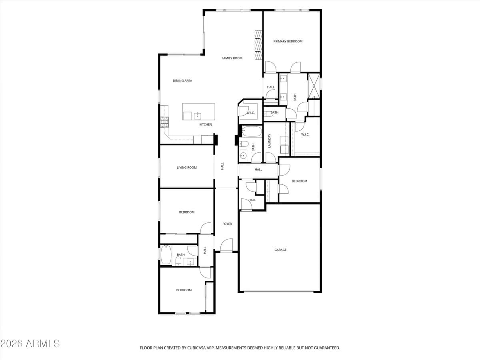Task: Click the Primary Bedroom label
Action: pyautogui.click(x=288, y=41)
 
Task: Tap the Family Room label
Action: pyautogui.click(x=232, y=58)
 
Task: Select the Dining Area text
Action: pyautogui.click(x=182, y=81)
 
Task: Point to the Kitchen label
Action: pyautogui.click(x=206, y=125)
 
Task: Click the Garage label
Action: pyautogui.click(x=280, y=250)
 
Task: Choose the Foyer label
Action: pyautogui.click(x=227, y=224)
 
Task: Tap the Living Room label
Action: pyautogui.click(x=187, y=168)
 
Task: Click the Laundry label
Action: pyautogui.click(x=270, y=141)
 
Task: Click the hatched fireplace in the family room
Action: pyautogui.click(x=259, y=44)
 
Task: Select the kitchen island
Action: pyautogui.click(x=198, y=112)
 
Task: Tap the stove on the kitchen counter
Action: pyautogui.click(x=164, y=122)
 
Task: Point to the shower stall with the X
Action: pyautogui.click(x=314, y=86)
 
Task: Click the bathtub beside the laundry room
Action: pyautogui.click(x=252, y=131)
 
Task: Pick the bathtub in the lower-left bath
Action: pyautogui.click(x=166, y=255)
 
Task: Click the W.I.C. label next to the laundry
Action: pyautogui.click(x=305, y=134)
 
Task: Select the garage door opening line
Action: pyautogui.click(x=279, y=292)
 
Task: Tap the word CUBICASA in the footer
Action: pyautogui.click(x=198, y=348)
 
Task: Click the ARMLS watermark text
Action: pyautogui.click(x=30, y=343)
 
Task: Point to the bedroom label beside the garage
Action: pyautogui.click(x=299, y=181)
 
